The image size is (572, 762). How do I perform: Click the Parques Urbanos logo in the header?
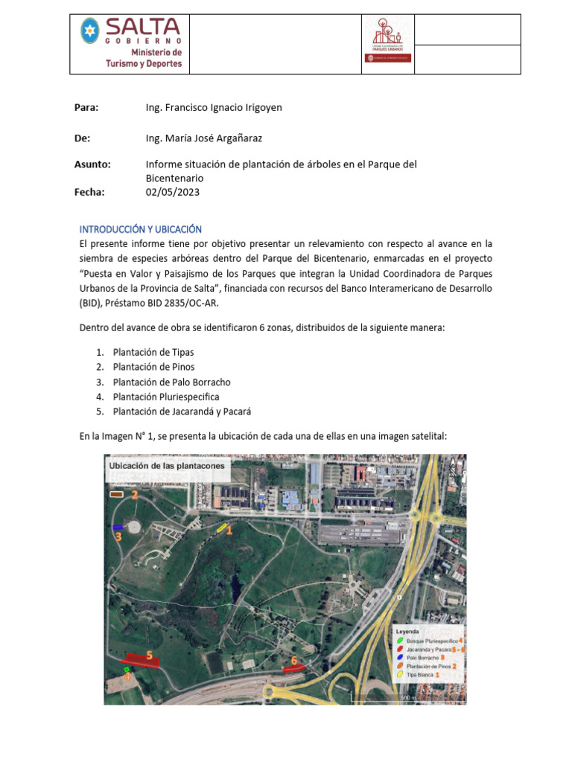pyautogui.click(x=387, y=44)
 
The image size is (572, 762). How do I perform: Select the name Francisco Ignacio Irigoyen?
pyautogui.click(x=214, y=107)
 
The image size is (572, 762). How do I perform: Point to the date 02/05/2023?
pyautogui.click(x=172, y=192)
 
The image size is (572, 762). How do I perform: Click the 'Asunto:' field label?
pyautogui.click(x=92, y=164)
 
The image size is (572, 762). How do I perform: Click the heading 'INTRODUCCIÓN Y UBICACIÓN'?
pyautogui.click(x=141, y=228)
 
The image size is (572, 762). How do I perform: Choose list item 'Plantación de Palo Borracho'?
pyautogui.click(x=171, y=382)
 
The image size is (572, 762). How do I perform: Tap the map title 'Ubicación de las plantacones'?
pyautogui.click(x=167, y=466)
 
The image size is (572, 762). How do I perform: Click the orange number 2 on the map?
pyautogui.click(x=135, y=494)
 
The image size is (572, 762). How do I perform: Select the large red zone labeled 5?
pyautogui.click(x=142, y=660)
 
